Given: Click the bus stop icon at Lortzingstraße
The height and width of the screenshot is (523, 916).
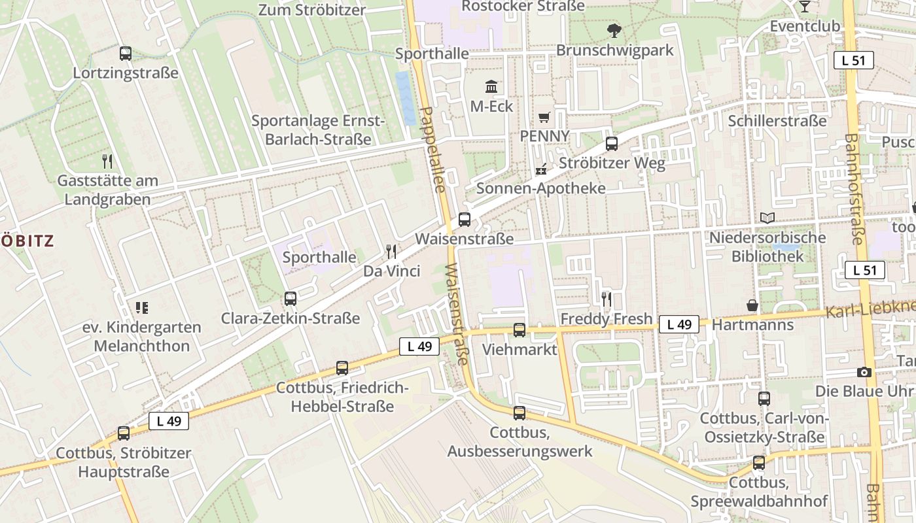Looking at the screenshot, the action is pyautogui.click(x=126, y=54).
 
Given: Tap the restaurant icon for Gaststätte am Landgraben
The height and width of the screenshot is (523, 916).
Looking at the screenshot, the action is pyautogui.click(x=107, y=161).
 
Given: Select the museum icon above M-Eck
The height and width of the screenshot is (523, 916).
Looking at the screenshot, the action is pyautogui.click(x=491, y=86).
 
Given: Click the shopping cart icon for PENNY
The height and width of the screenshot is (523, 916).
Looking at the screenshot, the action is pyautogui.click(x=544, y=118).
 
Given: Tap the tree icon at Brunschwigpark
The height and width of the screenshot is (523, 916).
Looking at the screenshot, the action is pyautogui.click(x=614, y=30).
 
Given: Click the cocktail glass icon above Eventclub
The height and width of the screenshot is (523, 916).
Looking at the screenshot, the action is pyautogui.click(x=805, y=7).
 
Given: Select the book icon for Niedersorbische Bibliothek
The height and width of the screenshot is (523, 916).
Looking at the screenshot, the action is pyautogui.click(x=767, y=218).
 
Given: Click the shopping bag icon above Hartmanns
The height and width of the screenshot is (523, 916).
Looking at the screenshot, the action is pyautogui.click(x=753, y=305).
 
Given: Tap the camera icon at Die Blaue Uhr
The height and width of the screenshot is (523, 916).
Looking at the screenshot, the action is pyautogui.click(x=864, y=372).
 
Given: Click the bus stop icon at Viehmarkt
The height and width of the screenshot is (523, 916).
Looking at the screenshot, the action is pyautogui.click(x=520, y=330).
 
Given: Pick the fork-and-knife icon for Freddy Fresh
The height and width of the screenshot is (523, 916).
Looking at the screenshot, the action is pyautogui.click(x=607, y=299).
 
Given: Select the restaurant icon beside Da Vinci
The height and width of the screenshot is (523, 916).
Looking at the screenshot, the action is pyautogui.click(x=391, y=252).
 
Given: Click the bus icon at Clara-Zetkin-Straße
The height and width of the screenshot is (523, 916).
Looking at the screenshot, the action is pyautogui.click(x=291, y=299).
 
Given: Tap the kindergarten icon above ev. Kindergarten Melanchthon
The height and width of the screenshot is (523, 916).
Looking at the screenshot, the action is pyautogui.click(x=142, y=307).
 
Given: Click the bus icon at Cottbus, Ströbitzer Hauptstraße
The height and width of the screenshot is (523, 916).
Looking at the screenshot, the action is pyautogui.click(x=124, y=433).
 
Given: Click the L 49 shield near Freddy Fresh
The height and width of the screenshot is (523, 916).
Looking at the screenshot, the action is pyautogui.click(x=679, y=324).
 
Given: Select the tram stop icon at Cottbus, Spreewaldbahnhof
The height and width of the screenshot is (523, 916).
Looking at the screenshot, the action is pyautogui.click(x=759, y=463).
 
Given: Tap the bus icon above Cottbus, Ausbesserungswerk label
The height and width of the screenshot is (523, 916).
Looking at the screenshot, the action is pyautogui.click(x=520, y=413).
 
